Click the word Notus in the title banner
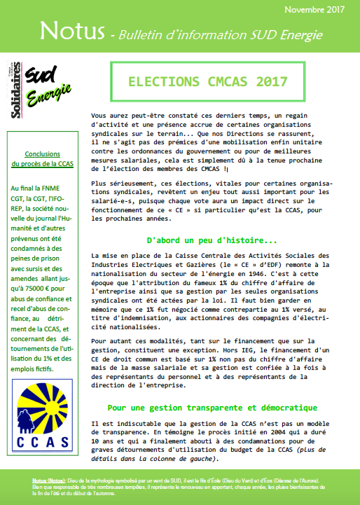click(71, 32)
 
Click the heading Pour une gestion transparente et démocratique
click(223, 408)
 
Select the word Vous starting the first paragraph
click(102, 113)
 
